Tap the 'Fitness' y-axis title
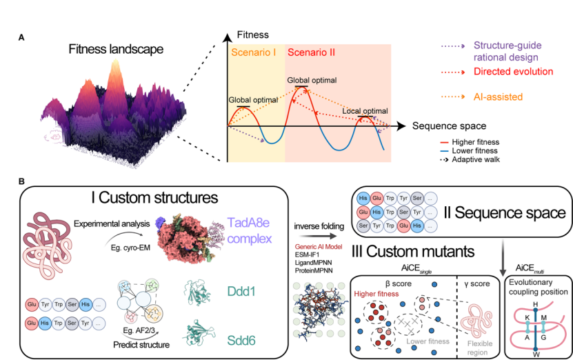coord(252,34)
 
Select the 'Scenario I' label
coord(254,52)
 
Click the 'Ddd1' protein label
coord(243,292)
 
